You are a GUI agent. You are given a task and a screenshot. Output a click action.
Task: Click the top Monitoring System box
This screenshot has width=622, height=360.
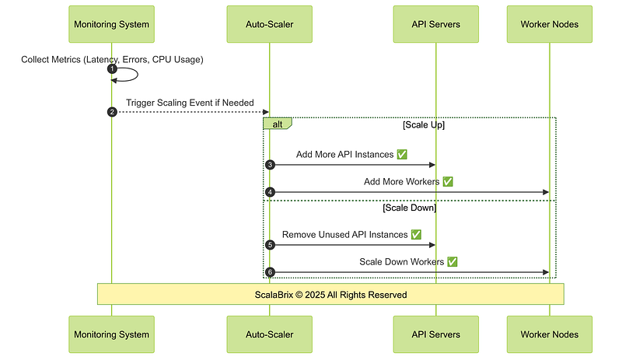pyautogui.click(x=111, y=24)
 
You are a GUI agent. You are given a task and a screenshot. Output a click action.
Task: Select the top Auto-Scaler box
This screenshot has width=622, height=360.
pyautogui.click(x=269, y=24)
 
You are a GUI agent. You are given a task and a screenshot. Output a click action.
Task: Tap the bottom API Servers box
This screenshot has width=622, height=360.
pyautogui.click(x=436, y=334)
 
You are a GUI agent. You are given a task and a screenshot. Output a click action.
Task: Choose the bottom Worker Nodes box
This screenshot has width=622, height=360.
pyautogui.click(x=550, y=334)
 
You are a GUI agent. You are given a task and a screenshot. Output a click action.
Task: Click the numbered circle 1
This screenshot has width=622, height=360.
pyautogui.click(x=112, y=69)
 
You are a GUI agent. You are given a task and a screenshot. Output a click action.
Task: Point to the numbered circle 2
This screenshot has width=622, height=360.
pyautogui.click(x=112, y=112)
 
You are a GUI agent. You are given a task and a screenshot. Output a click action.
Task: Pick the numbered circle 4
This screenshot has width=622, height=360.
pyautogui.click(x=270, y=192)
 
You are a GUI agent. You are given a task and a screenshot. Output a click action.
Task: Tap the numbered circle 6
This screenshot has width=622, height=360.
pyautogui.click(x=270, y=272)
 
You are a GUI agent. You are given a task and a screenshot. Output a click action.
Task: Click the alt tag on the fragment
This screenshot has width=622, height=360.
pyautogui.click(x=278, y=124)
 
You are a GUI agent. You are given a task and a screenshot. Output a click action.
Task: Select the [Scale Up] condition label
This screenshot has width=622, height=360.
pyautogui.click(x=424, y=125)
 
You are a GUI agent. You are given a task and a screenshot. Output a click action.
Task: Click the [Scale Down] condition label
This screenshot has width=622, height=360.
pyautogui.click(x=410, y=208)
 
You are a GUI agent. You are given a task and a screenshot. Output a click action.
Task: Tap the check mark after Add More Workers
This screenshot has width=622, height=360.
pyautogui.click(x=448, y=181)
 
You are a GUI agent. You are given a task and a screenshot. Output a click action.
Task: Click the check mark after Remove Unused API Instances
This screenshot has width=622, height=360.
pyautogui.click(x=416, y=235)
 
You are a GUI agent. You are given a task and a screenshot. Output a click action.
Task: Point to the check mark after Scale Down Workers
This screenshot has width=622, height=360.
pyautogui.click(x=453, y=261)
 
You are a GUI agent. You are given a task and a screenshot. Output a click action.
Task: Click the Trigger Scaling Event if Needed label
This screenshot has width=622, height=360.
pyautogui.click(x=190, y=103)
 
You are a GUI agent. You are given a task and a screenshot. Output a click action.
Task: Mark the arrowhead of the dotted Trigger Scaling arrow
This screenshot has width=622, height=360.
pyautogui.click(x=266, y=112)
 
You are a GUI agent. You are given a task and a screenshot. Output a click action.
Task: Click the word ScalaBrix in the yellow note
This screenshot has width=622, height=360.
pyautogui.click(x=274, y=295)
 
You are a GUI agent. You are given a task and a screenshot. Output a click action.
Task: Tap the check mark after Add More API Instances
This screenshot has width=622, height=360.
pyautogui.click(x=402, y=155)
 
